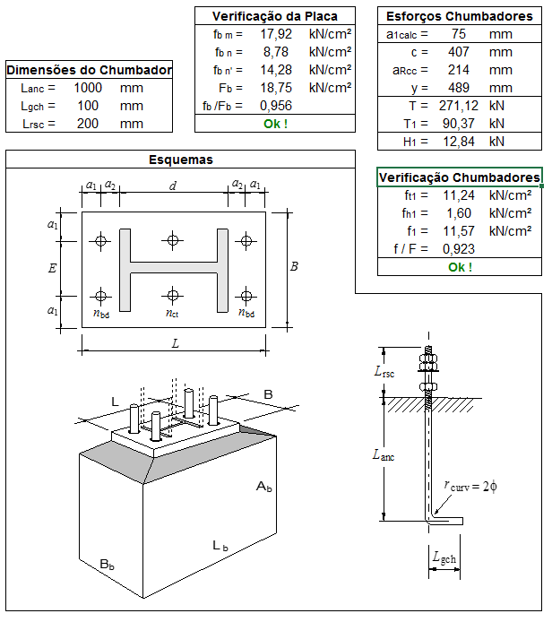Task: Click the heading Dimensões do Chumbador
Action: [x=90, y=71]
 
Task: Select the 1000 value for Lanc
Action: [x=88, y=88]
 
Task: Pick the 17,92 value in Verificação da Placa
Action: [x=277, y=33]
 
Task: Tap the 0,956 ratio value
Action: [x=277, y=105]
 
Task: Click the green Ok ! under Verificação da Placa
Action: [x=275, y=124]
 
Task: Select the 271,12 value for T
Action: [x=455, y=105]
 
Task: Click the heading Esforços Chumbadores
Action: [x=459, y=16]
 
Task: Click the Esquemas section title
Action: [x=180, y=160]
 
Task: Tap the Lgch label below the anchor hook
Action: [x=444, y=558]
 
